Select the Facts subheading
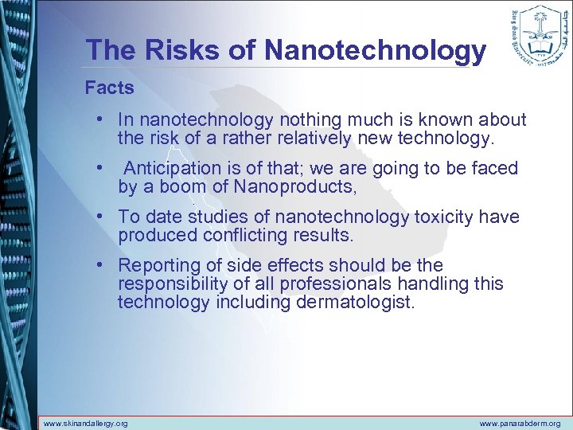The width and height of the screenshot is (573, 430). coord(110,88)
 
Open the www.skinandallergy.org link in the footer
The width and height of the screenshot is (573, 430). coord(85,424)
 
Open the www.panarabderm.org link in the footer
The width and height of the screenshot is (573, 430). coord(520,424)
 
